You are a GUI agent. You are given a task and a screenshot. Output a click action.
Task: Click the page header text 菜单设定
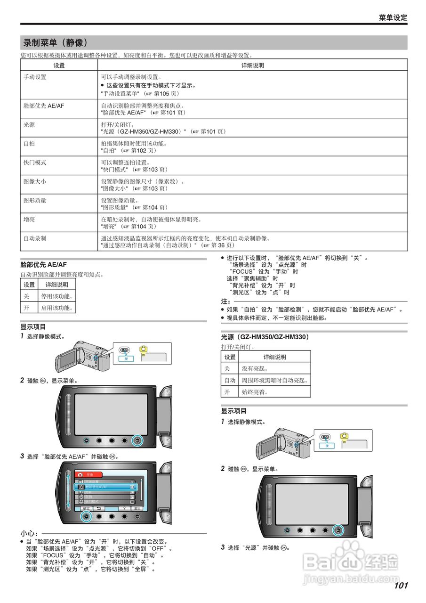tap(393, 18)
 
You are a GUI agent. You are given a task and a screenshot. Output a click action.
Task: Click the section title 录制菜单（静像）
tap(56, 43)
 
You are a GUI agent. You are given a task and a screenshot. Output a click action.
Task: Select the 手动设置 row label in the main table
tap(35, 77)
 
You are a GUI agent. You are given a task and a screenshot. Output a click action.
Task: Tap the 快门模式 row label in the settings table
tap(35, 162)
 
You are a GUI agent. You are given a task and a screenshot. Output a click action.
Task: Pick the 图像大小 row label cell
tap(35, 181)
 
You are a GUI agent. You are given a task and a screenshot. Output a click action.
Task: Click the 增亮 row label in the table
tap(29, 219)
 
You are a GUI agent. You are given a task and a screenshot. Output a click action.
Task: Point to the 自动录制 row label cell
tap(35, 238)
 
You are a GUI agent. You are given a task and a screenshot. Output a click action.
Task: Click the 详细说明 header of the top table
tap(252, 65)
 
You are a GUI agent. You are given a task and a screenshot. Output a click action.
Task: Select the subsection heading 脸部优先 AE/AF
tap(44, 265)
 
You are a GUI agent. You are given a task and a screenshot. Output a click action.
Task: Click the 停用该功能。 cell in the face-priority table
tap(56, 296)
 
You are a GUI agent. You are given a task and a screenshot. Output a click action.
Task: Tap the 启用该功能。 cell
tap(56, 308)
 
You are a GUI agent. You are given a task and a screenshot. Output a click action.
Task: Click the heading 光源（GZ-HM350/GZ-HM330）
tap(265, 337)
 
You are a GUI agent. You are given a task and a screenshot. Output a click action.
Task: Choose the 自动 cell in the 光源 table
tap(230, 380)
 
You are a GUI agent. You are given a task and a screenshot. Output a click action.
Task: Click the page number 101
tap(401, 586)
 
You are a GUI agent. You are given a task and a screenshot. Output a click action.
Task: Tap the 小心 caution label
tap(28, 533)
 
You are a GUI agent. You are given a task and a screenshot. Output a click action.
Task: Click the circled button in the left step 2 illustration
tap(137, 441)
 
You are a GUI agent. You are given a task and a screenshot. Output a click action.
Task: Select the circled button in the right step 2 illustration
tap(338, 530)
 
